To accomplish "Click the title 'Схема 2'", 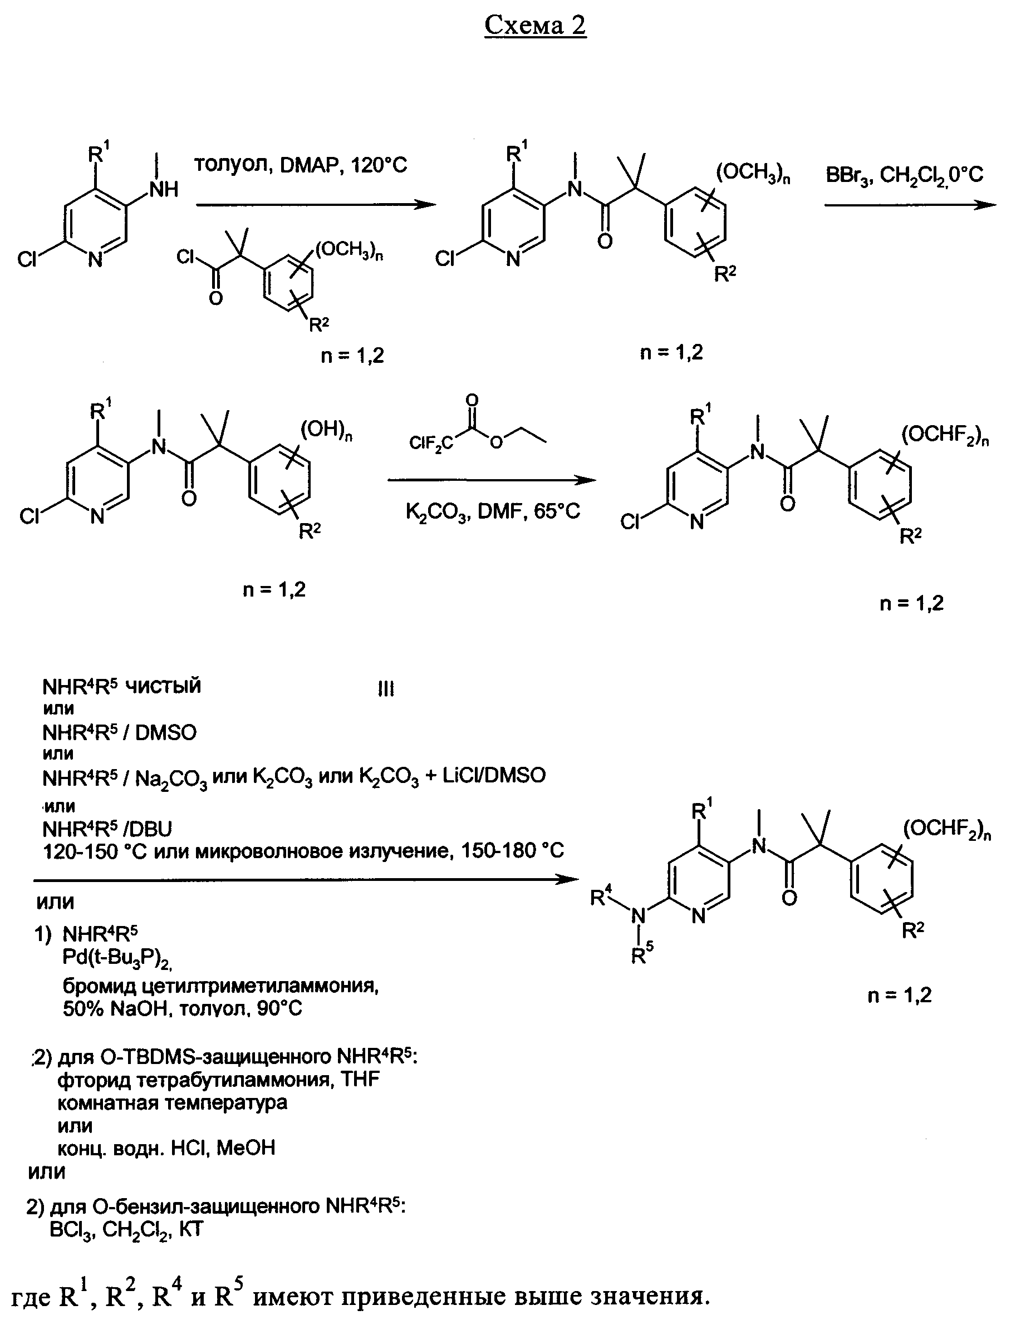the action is pyautogui.click(x=534, y=26).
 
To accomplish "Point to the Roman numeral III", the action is pyautogui.click(x=386, y=689).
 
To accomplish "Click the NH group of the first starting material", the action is pyautogui.click(x=164, y=190).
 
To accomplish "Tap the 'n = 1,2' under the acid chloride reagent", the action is pyautogui.click(x=352, y=356).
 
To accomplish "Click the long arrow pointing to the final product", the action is pyautogui.click(x=306, y=879).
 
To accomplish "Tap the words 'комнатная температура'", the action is pyautogui.click(x=173, y=1103).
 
